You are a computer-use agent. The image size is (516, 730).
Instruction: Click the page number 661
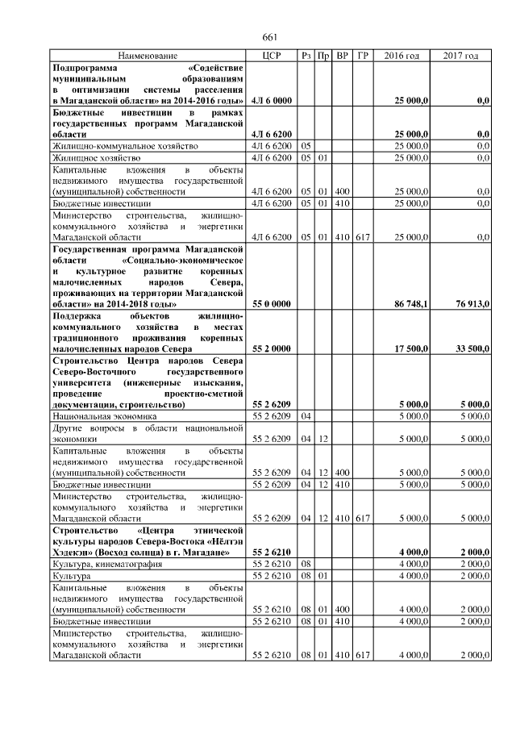pyautogui.click(x=269, y=37)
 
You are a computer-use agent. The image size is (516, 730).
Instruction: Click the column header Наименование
pyautogui.click(x=147, y=56)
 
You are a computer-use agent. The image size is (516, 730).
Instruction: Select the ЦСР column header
pyautogui.click(x=271, y=56)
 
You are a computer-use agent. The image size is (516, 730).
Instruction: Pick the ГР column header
pyautogui.click(x=363, y=56)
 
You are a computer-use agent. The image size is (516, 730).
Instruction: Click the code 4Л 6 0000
pyautogui.click(x=271, y=100)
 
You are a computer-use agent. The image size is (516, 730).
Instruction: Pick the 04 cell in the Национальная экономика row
pyautogui.click(x=306, y=416)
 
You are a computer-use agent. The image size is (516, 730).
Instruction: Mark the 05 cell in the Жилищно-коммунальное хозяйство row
pyautogui.click(x=306, y=146)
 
